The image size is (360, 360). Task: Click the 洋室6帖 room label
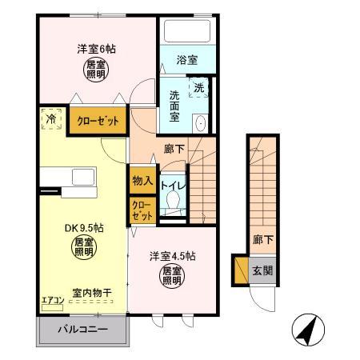pyautogui.click(x=96, y=49)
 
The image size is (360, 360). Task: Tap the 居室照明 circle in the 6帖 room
pyautogui.click(x=96, y=71)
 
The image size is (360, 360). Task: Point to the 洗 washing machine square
pyautogui.click(x=198, y=86)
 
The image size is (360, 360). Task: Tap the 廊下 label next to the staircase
pyautogui.click(x=174, y=149)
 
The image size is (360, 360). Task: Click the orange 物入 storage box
pyautogui.click(x=142, y=180)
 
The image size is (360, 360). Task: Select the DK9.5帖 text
pyautogui.click(x=79, y=226)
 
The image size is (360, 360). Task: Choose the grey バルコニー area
pyautogui.click(x=82, y=329)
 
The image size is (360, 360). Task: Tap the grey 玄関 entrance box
pyautogui.click(x=262, y=270)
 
